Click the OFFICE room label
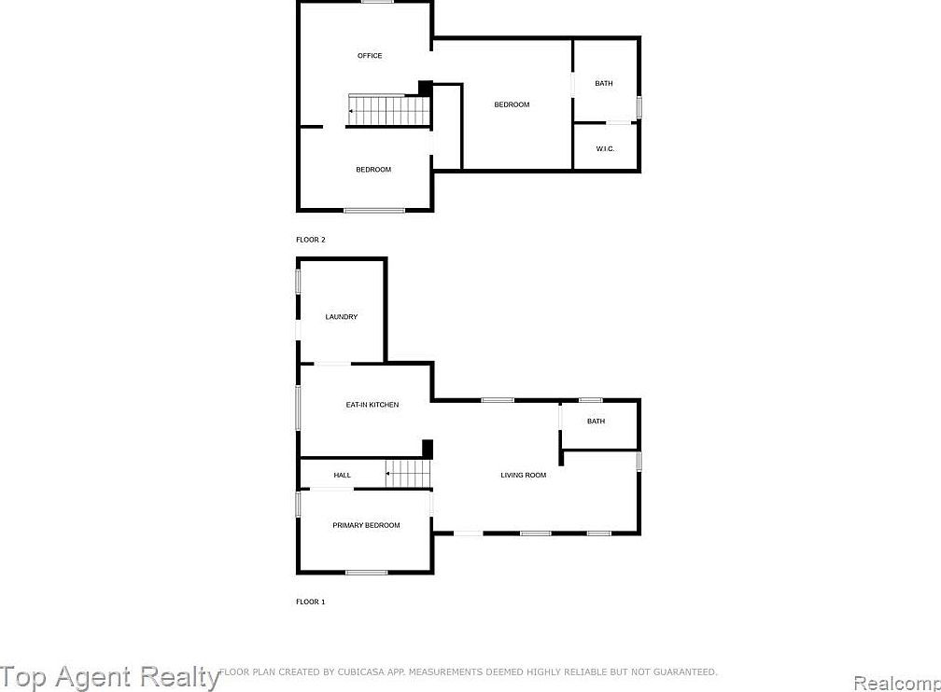tap(370, 56)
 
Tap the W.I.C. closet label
tap(605, 149)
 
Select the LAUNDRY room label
tap(341, 317)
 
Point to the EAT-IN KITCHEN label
tap(372, 405)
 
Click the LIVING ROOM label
tap(523, 476)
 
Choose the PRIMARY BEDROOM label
tap(366, 526)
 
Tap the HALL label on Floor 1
tap(343, 476)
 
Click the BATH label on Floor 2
tap(604, 84)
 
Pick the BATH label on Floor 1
tap(596, 422)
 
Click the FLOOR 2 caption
tap(311, 240)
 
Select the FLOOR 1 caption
tap(311, 602)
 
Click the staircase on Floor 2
tap(388, 110)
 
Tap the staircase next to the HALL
tap(408, 474)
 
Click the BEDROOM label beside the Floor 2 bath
tap(512, 104)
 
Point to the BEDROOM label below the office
tap(373, 170)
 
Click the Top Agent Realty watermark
tap(110, 676)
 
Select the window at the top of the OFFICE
tap(377, 2)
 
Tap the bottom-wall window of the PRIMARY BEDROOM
tap(366, 572)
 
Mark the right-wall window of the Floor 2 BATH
tap(639, 106)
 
